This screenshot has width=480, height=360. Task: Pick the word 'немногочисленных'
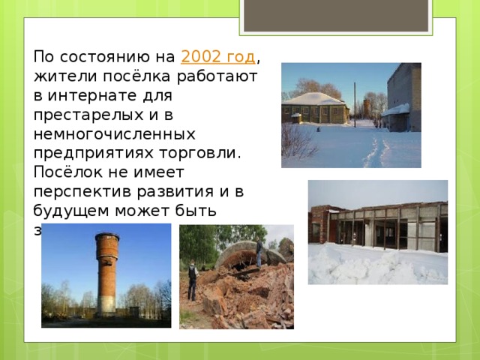[x=115, y=134]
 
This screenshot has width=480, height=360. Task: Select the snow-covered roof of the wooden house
[x=313, y=99]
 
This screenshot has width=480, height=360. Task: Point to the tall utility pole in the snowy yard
[x=354, y=101]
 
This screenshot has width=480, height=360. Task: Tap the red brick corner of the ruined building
[x=319, y=225]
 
